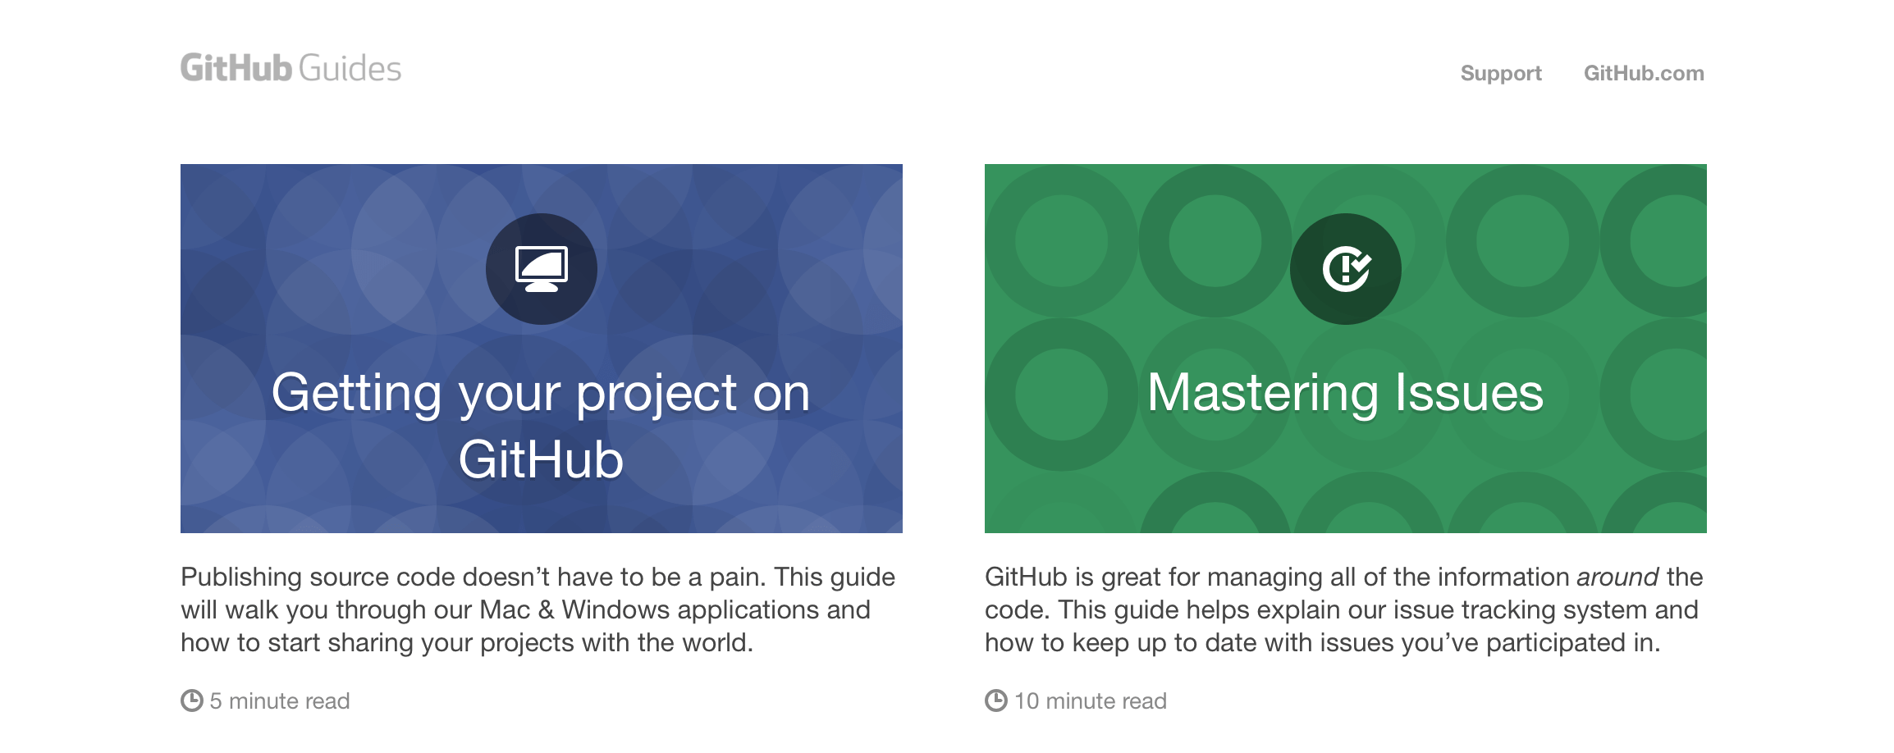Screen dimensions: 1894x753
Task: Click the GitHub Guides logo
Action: (x=291, y=69)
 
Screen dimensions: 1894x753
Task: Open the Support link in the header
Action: (x=1501, y=74)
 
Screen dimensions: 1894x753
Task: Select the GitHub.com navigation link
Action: (x=1644, y=73)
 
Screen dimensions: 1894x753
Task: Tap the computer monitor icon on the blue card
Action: (x=542, y=269)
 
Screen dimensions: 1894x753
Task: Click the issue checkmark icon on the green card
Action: (x=1346, y=269)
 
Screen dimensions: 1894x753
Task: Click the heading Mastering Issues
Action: (x=1346, y=392)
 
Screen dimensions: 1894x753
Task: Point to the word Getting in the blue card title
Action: (x=357, y=395)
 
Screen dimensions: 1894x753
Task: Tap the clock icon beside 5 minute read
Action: (x=191, y=701)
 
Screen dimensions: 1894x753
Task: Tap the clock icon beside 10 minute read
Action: (x=995, y=701)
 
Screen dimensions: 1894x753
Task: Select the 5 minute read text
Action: (x=280, y=701)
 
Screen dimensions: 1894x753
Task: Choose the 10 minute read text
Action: (x=1091, y=701)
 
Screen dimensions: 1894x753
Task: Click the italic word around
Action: (x=1617, y=577)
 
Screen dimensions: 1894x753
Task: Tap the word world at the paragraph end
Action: (x=718, y=643)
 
